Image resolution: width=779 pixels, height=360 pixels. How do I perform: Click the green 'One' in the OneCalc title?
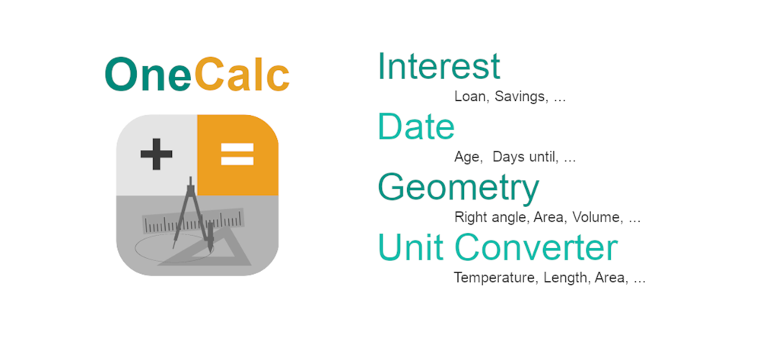[148, 75]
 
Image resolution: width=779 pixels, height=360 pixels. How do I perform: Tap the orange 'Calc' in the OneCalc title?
[242, 75]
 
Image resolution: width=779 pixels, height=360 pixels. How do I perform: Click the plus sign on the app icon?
[157, 155]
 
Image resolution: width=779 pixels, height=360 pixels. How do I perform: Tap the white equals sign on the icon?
[237, 155]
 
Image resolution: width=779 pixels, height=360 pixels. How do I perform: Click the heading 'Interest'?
[439, 66]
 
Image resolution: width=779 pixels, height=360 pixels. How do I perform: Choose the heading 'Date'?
[416, 126]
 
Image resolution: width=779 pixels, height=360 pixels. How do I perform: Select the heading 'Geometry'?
[458, 187]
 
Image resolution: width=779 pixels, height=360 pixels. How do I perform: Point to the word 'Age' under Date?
[467, 158]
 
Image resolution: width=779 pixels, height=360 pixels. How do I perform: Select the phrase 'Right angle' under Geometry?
[490, 218]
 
